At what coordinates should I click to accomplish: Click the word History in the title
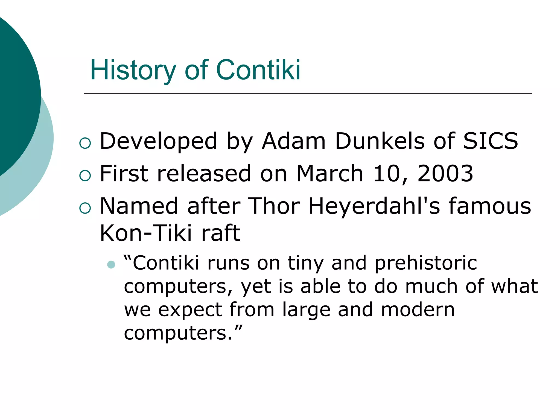pos(133,70)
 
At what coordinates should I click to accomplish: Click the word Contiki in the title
pos(258,70)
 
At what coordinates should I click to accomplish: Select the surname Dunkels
pos(380,141)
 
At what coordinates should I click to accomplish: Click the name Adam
pos(293,141)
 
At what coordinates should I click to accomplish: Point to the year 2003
pos(445,174)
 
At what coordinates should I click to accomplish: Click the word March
pos(330,174)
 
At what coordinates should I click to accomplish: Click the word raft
pos(221,233)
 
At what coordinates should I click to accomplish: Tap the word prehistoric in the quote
pos(426,263)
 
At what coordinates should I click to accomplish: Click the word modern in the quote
pos(418,310)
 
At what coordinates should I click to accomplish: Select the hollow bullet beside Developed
pos(85,143)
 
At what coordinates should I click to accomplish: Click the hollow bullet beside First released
pos(85,175)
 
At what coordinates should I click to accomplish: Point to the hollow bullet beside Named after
pos(85,208)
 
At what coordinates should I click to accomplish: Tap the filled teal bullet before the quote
pos(111,265)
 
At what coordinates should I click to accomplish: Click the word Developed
pos(158,141)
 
